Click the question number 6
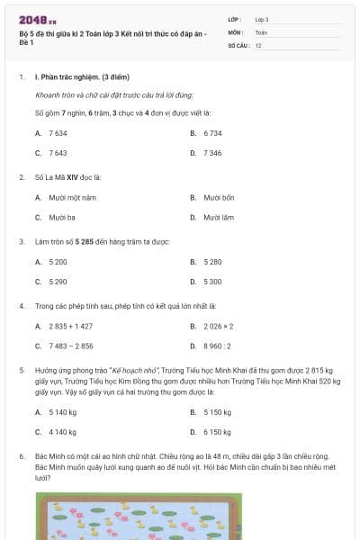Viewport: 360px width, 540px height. (x=22, y=456)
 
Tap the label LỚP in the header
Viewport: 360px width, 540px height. (x=235, y=19)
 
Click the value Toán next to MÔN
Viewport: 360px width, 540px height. (x=261, y=31)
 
